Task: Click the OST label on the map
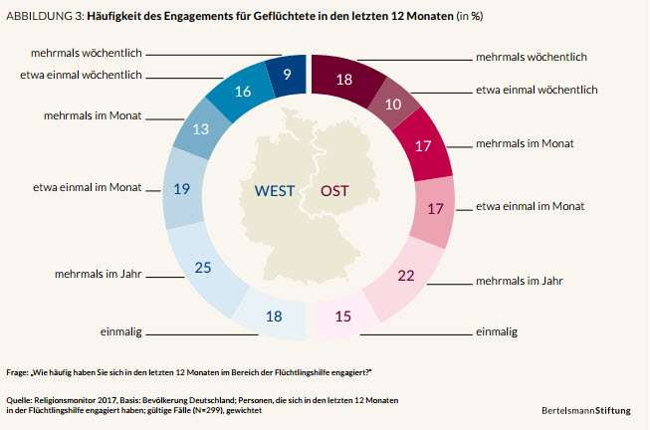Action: [x=334, y=191]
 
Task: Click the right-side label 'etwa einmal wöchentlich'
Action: [x=538, y=90]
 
